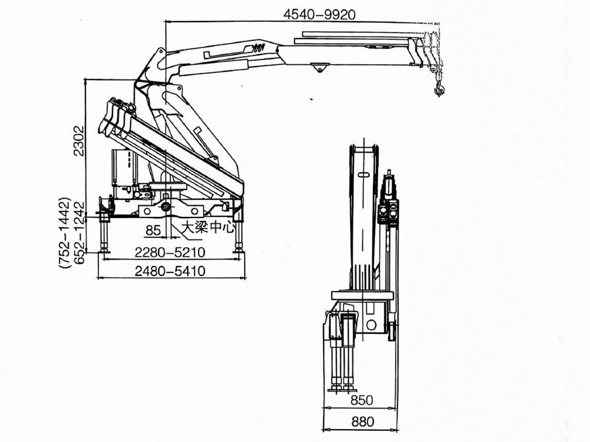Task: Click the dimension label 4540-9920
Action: [x=320, y=14]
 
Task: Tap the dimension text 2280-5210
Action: [x=170, y=252]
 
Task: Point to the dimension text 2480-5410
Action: [x=170, y=271]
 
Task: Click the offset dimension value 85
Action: [x=153, y=230]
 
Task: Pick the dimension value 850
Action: [x=362, y=400]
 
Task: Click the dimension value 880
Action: [x=363, y=422]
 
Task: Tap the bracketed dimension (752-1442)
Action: [x=65, y=232]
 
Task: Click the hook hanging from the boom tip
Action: [x=439, y=89]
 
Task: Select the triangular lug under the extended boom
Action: [x=319, y=67]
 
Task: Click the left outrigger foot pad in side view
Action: [x=104, y=250]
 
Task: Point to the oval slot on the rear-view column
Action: [x=364, y=174]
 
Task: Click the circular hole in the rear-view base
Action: [x=371, y=324]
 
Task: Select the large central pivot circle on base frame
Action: [x=166, y=207]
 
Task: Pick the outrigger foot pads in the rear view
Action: [x=342, y=388]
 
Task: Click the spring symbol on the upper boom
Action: [x=259, y=47]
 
